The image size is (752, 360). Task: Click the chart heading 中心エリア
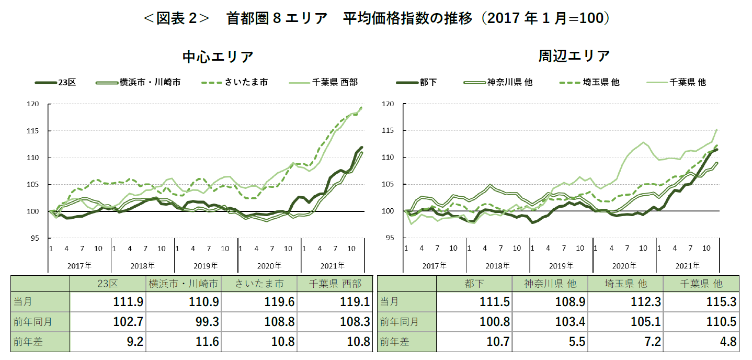(218, 57)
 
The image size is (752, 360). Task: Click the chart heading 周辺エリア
(574, 55)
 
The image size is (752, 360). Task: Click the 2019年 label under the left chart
(206, 265)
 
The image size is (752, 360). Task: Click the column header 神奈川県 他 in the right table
(550, 284)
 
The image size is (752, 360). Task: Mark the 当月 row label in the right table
(389, 302)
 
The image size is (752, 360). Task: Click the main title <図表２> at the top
(176, 18)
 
